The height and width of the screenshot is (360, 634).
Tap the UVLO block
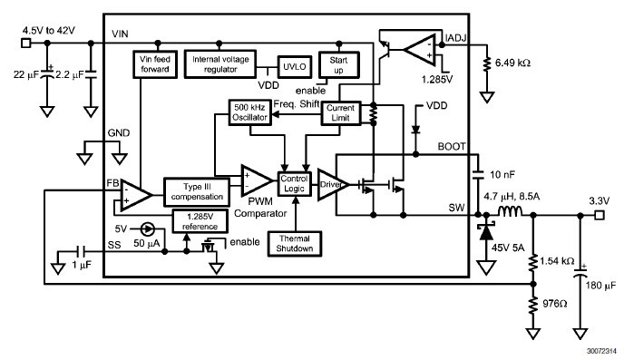[292, 67]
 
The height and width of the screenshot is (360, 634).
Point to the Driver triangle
[331, 185]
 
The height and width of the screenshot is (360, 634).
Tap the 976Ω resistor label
[556, 303]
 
